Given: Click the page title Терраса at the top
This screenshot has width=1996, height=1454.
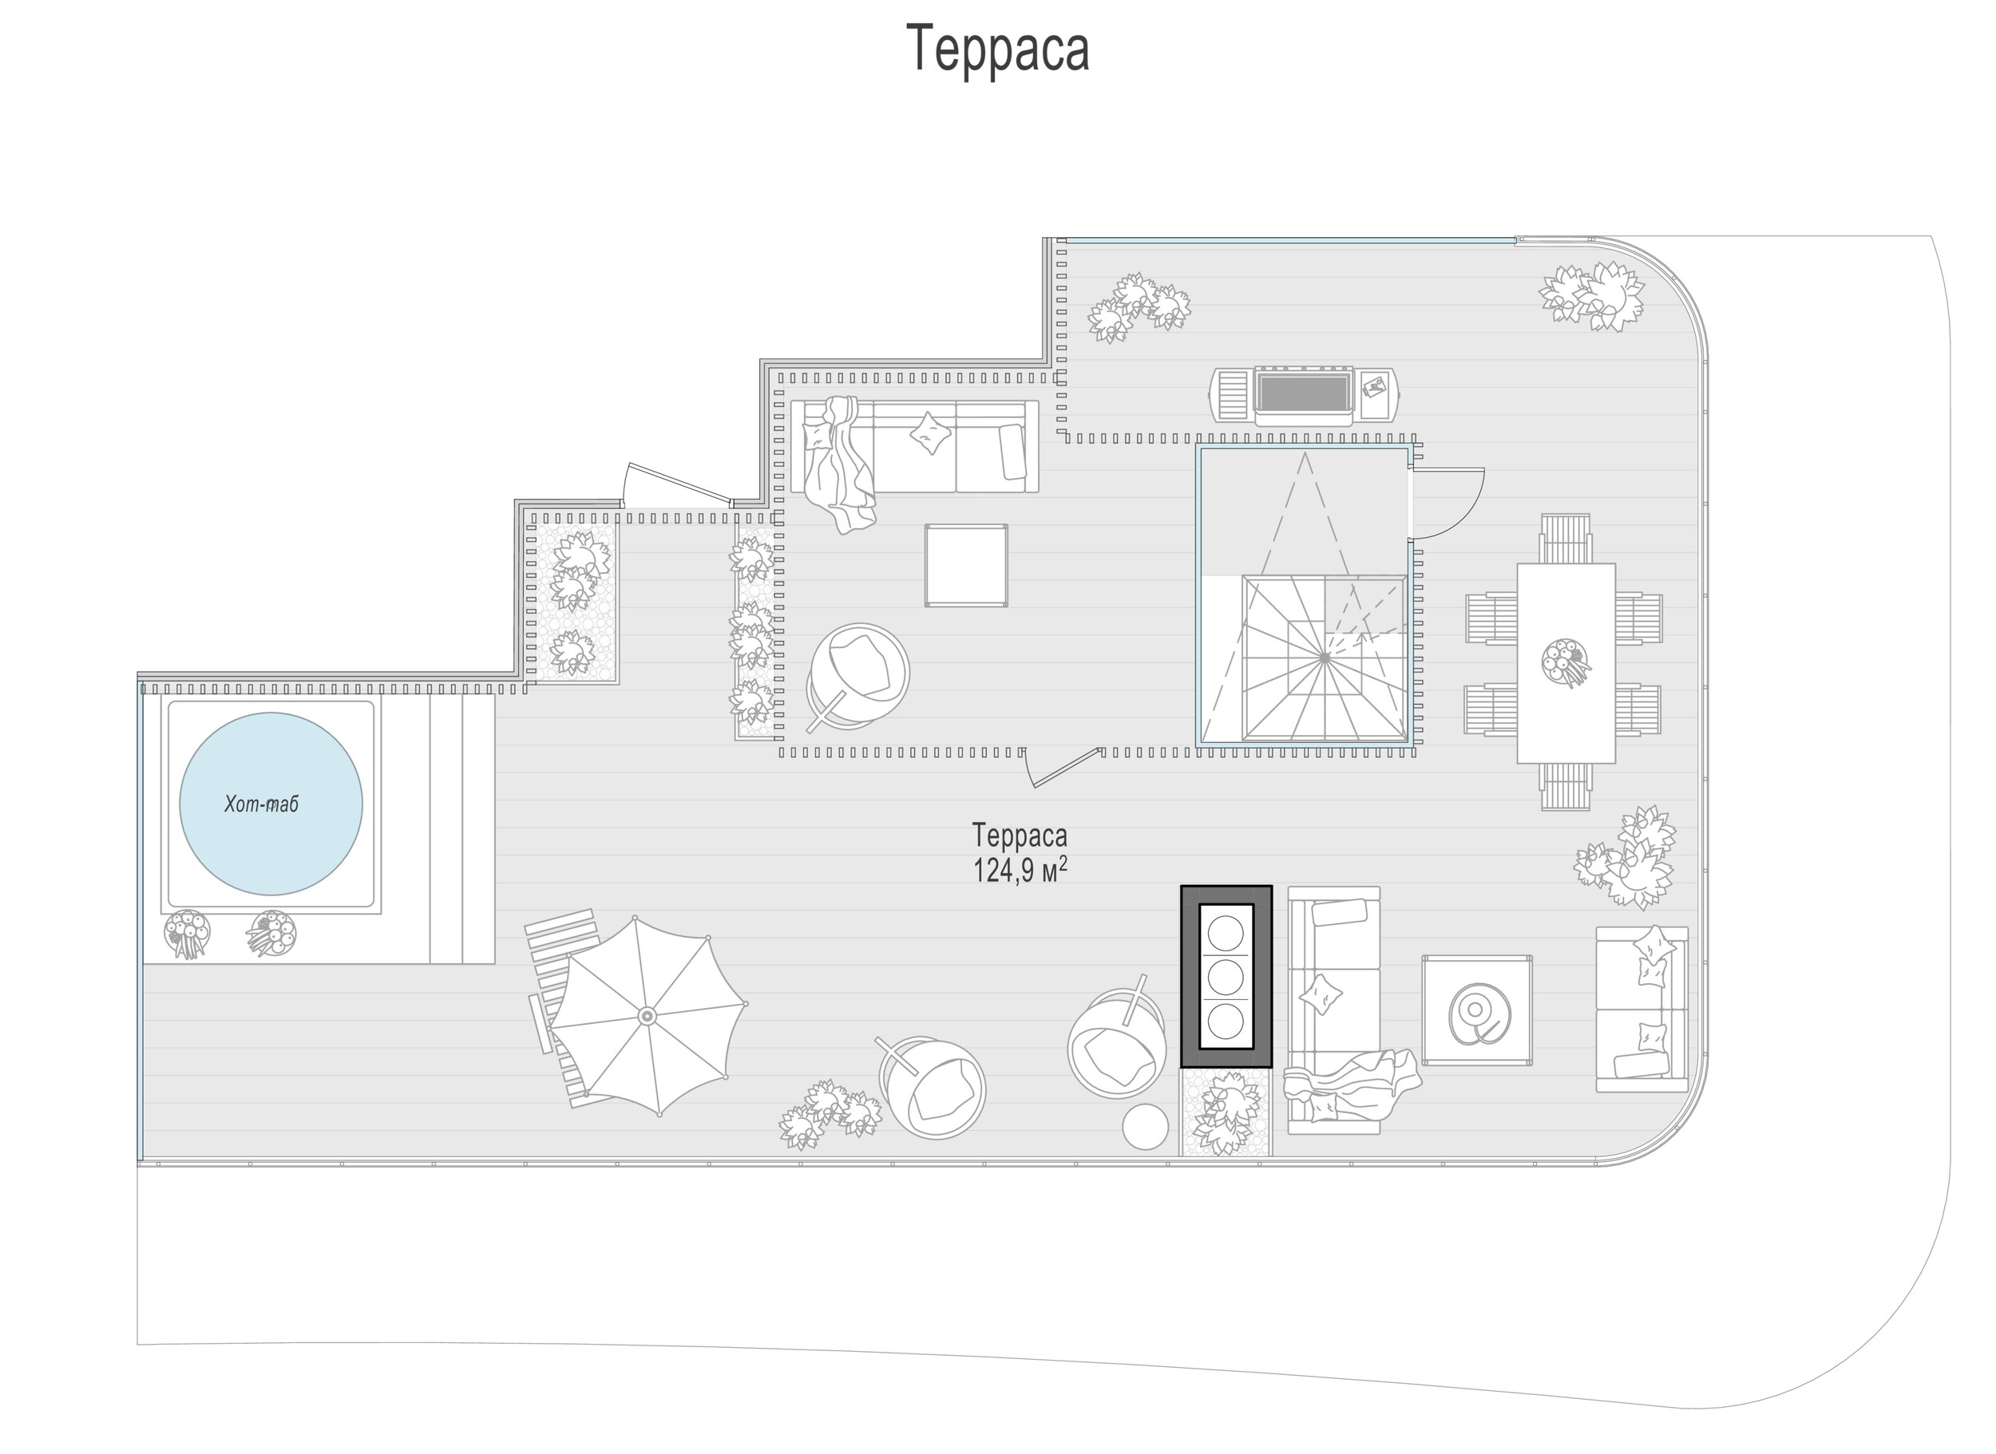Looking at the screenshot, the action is tap(997, 49).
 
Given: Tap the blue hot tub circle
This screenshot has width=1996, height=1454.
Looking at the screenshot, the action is tap(271, 804).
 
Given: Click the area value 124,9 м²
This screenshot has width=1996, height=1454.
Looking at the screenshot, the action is tap(1020, 871).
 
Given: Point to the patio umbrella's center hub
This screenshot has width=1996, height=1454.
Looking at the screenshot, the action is tap(648, 1017).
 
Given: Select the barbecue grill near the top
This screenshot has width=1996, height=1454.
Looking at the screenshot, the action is tap(1304, 396).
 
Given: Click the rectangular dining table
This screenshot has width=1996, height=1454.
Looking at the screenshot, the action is tap(1566, 662).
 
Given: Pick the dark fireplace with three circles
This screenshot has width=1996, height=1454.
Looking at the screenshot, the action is tap(1226, 976).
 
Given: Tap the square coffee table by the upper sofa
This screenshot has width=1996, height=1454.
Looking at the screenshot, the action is tap(966, 565).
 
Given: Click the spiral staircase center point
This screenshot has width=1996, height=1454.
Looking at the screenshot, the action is tap(1325, 658).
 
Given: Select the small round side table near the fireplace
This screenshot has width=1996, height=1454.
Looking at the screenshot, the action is tap(1145, 1126).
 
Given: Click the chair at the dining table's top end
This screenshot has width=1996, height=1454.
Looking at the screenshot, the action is tap(1566, 538).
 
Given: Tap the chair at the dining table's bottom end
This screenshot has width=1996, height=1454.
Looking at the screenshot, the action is tap(1566, 787).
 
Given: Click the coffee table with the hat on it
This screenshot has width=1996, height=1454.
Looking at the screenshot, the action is tap(1476, 1010).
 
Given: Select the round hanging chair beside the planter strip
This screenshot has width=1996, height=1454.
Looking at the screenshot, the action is tap(858, 676).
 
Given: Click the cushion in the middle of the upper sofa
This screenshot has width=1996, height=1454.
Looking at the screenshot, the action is tap(931, 433).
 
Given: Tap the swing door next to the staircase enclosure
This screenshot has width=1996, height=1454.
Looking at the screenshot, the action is tap(1447, 504).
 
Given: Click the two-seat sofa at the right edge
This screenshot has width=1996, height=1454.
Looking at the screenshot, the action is tap(1642, 1010).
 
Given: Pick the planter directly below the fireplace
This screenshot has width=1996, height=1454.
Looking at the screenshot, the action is tap(1226, 1112).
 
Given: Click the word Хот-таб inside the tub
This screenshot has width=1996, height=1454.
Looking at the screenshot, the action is tap(262, 804).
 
